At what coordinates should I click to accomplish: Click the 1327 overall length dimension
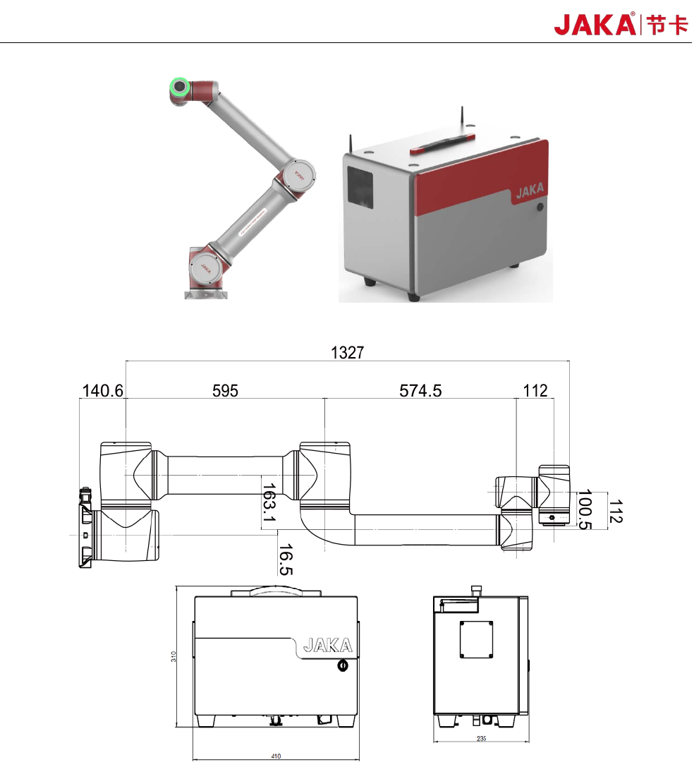(348, 353)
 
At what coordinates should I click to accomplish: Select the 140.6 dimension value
(103, 390)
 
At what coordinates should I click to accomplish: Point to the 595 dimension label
(226, 390)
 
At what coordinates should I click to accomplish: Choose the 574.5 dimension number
(420, 390)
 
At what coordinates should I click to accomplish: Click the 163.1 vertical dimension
(269, 503)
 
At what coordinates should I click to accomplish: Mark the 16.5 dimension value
(286, 558)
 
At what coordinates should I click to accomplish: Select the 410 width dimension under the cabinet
(276, 756)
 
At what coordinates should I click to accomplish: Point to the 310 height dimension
(173, 656)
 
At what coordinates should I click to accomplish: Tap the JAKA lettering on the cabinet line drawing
(327, 645)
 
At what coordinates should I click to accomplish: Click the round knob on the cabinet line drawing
(343, 665)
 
